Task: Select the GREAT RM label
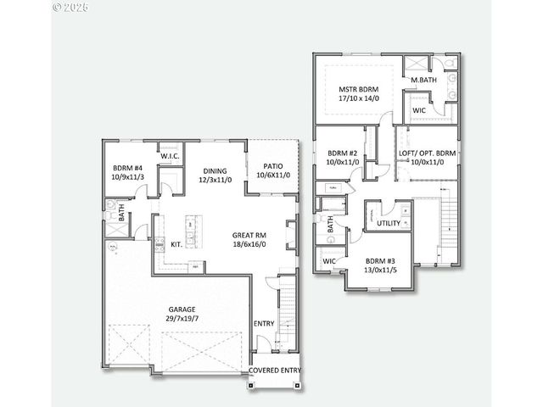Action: [x=249, y=235]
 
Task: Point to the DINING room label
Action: [x=214, y=170]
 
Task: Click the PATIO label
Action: [x=273, y=166]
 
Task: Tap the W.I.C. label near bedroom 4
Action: [x=169, y=154]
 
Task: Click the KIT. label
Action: [x=176, y=244]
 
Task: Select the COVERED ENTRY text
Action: [x=276, y=370]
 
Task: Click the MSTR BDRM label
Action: [x=358, y=89]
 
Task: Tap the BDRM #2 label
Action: [x=344, y=153]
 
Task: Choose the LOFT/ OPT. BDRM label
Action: [x=427, y=153]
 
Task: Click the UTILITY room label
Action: [x=389, y=223]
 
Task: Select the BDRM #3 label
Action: [x=381, y=261]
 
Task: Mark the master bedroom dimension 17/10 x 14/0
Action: [x=358, y=98]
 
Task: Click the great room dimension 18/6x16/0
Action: [x=249, y=244]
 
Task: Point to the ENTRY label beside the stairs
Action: [x=264, y=323]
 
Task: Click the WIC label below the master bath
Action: [x=419, y=110]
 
